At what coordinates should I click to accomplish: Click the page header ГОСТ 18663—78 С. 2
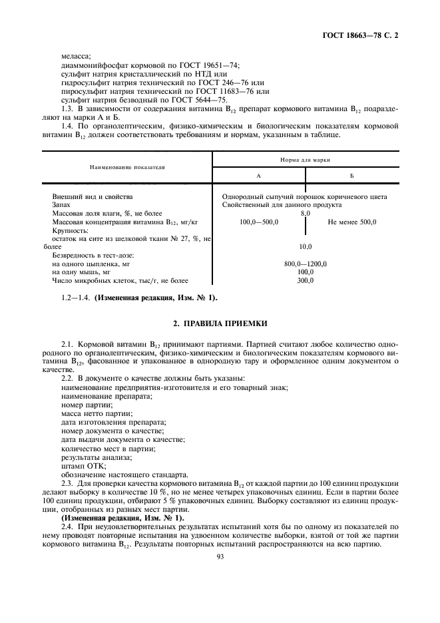tap(365, 33)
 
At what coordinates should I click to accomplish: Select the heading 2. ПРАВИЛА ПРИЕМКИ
tap(220, 324)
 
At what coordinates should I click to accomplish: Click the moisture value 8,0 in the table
tap(306, 214)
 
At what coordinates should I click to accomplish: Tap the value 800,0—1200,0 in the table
tap(306, 264)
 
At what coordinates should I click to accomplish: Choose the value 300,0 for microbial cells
tap(306, 281)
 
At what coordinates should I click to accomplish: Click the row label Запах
tap(63, 205)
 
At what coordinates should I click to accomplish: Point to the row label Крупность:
tap(71, 230)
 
